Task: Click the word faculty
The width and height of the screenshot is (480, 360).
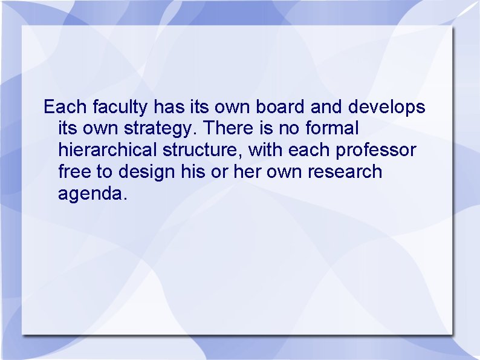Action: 120,108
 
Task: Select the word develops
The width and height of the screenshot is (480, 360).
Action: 387,108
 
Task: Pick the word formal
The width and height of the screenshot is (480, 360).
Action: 333,129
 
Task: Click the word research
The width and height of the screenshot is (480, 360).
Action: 345,172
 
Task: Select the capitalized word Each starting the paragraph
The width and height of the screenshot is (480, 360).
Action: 66,108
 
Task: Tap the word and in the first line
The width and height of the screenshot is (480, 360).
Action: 326,108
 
